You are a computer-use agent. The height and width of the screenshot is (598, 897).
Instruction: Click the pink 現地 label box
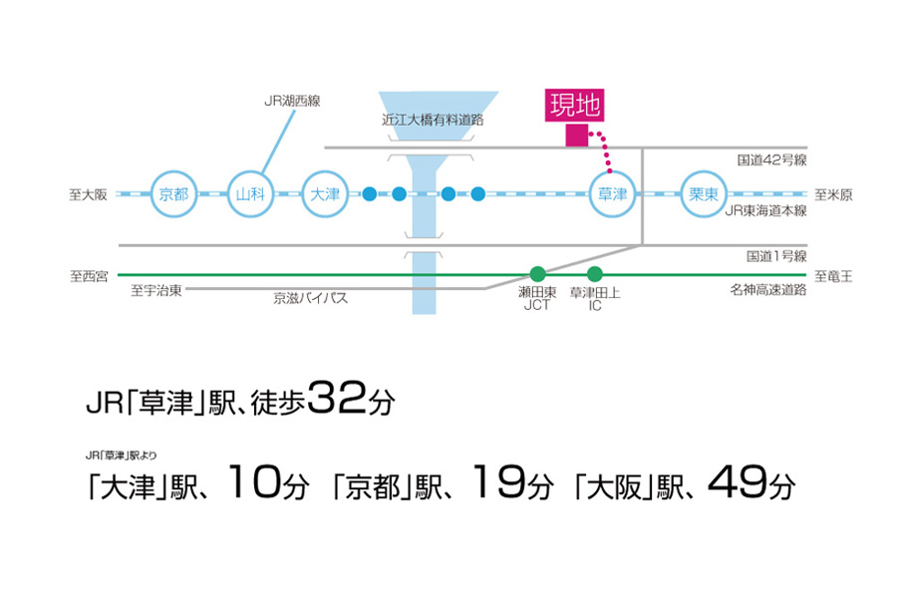(x=574, y=106)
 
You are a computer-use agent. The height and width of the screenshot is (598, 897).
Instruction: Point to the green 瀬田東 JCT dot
(x=537, y=274)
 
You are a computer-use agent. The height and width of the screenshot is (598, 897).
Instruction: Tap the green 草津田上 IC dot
(x=594, y=274)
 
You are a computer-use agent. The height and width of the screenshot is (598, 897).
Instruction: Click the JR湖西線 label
(x=292, y=102)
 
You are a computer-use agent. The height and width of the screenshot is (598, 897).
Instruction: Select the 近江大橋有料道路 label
(x=433, y=120)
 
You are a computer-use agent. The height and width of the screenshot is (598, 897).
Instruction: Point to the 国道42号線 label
(x=771, y=160)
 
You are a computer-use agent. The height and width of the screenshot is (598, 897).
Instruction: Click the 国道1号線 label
(x=776, y=256)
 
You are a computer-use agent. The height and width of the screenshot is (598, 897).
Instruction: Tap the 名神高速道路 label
(x=768, y=290)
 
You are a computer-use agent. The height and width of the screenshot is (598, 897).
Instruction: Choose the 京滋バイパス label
(x=311, y=298)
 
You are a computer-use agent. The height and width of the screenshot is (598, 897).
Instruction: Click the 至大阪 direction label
(x=88, y=195)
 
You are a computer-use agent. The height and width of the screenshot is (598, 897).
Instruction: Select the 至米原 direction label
(x=833, y=195)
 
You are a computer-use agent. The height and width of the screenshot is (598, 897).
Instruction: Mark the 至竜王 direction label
(x=833, y=276)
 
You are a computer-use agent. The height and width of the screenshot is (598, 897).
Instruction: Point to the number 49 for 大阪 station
(x=737, y=481)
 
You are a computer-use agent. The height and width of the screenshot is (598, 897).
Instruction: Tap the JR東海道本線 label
(x=766, y=211)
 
